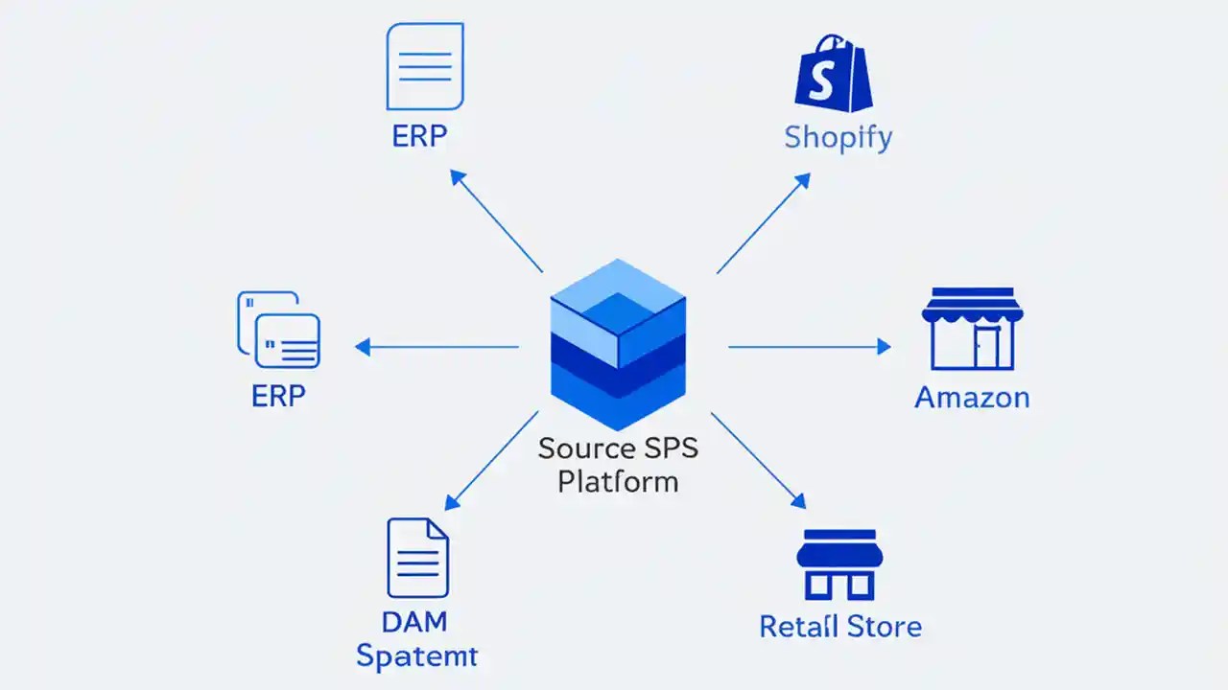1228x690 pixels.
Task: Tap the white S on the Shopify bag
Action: (822, 81)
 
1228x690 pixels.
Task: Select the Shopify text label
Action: (838, 137)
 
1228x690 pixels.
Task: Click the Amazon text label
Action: (972, 397)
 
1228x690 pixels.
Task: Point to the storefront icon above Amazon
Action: (972, 329)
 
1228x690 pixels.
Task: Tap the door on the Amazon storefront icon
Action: (986, 347)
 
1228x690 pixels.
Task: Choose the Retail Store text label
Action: (839, 627)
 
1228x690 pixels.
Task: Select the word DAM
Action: (414, 621)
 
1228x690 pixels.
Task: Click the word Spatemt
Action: (416, 656)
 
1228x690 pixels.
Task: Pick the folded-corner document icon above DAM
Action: (417, 558)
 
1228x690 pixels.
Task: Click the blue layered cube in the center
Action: (618, 343)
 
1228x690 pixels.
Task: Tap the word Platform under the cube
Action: (618, 480)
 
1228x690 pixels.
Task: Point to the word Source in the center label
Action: (586, 448)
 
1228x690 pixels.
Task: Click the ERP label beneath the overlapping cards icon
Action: (279, 396)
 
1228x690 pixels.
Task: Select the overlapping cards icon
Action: (278, 330)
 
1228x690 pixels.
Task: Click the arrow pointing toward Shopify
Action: (763, 223)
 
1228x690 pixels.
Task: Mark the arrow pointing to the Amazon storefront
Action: (810, 347)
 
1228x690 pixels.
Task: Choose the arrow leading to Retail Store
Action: (758, 460)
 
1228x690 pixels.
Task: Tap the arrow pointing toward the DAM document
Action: (491, 460)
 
